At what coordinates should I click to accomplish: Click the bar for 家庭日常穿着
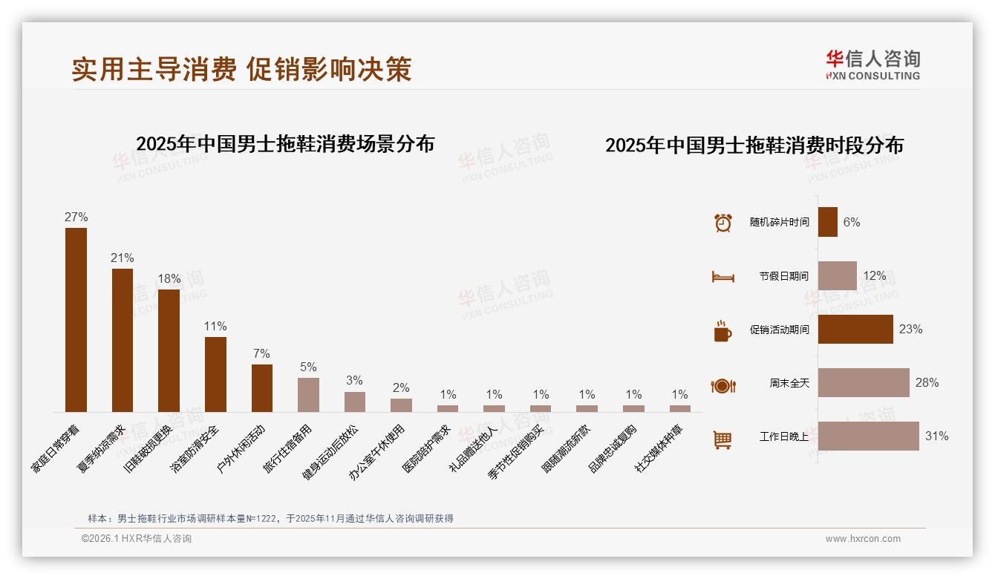(x=76, y=319)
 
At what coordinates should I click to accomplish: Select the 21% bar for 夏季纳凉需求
(x=123, y=340)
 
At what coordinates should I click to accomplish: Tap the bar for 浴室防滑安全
(x=215, y=374)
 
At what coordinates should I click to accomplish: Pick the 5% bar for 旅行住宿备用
(x=308, y=394)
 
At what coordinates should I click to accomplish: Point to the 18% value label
(x=169, y=279)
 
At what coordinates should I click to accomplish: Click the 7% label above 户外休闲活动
(x=261, y=354)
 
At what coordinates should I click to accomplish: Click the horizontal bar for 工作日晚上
(x=868, y=436)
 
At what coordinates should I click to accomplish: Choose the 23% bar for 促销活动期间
(x=855, y=330)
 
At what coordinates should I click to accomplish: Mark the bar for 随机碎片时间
(x=828, y=222)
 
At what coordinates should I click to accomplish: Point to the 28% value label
(x=927, y=383)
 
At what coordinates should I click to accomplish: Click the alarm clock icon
(x=723, y=223)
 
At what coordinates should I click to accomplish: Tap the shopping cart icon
(x=722, y=439)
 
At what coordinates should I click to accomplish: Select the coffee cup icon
(x=722, y=331)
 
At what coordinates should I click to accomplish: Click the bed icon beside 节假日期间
(x=722, y=277)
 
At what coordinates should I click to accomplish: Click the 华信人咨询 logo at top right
(x=872, y=65)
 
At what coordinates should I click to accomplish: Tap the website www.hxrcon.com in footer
(x=863, y=539)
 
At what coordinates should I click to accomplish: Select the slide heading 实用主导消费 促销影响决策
(x=241, y=69)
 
